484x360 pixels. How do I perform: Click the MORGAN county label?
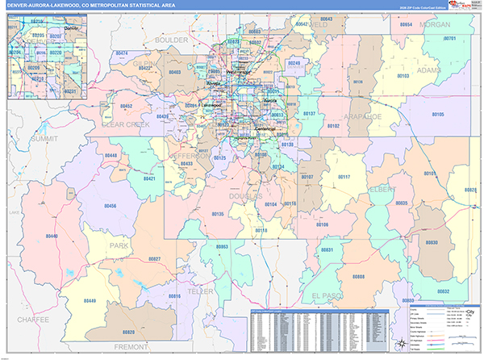click(x=436, y=25)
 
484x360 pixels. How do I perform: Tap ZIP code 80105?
click(x=438, y=115)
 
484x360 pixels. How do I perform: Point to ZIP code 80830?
click(x=432, y=242)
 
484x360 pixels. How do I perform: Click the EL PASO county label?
click(x=328, y=295)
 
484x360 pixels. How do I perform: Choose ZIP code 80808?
click(x=358, y=276)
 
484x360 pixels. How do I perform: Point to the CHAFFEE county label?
click(x=24, y=320)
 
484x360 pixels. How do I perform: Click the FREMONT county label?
click(x=131, y=347)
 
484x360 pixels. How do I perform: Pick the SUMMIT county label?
click(x=45, y=139)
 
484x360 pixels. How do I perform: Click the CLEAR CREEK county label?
click(x=126, y=125)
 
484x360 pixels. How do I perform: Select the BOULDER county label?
click(x=170, y=39)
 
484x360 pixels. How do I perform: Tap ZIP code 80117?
click(x=344, y=177)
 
